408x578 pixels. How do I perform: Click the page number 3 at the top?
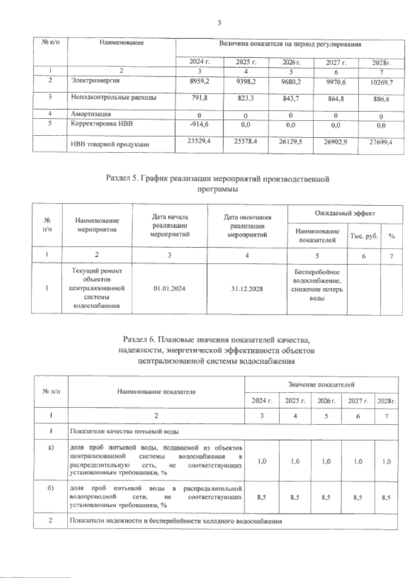pos(219,23)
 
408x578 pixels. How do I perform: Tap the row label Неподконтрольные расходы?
pos(114,98)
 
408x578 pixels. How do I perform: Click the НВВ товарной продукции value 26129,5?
pos(290,141)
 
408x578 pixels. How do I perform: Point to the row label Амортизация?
pos(91,114)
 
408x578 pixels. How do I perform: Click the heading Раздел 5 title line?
pos(218,179)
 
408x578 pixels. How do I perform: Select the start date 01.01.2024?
pos(169,289)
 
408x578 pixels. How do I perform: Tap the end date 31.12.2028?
pos(247,289)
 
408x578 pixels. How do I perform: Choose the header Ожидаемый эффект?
pos(345,214)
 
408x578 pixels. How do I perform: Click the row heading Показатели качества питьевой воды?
pos(124,431)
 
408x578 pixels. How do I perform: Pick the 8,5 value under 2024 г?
pos(261,497)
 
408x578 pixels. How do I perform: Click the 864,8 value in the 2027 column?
pos(335,99)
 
